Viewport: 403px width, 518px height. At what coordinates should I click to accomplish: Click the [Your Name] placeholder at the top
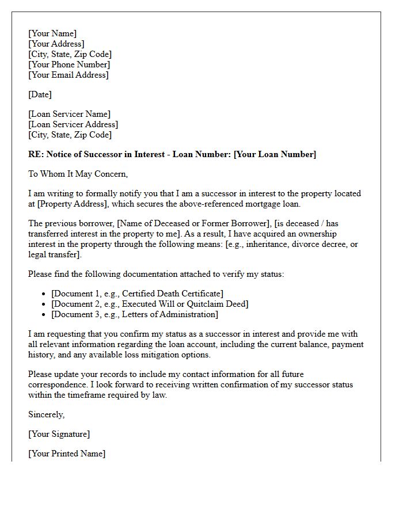coord(52,33)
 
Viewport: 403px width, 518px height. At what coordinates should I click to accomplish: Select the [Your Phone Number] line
coord(69,64)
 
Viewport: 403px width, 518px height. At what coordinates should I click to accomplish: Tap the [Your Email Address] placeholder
coord(69,75)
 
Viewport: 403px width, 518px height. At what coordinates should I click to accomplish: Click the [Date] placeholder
coord(40,94)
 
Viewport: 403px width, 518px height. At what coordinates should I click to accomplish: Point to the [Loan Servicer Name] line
coord(69,114)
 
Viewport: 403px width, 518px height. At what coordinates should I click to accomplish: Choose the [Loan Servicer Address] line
coord(73,124)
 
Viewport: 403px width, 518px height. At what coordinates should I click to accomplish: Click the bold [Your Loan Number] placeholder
coord(275,154)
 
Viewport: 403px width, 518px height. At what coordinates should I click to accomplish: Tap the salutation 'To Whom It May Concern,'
coord(78,174)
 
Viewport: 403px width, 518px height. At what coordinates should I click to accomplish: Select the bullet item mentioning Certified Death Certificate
coord(137,294)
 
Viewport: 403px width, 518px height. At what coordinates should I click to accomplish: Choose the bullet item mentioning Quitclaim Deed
coord(150,304)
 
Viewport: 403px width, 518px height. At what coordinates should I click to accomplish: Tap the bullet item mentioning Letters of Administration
coord(135,314)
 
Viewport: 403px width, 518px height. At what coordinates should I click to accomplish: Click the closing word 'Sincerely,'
coord(47,414)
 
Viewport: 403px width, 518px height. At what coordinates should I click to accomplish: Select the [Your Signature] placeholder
coord(59,434)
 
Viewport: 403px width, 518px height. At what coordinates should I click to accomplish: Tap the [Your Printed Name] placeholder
coord(67,454)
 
